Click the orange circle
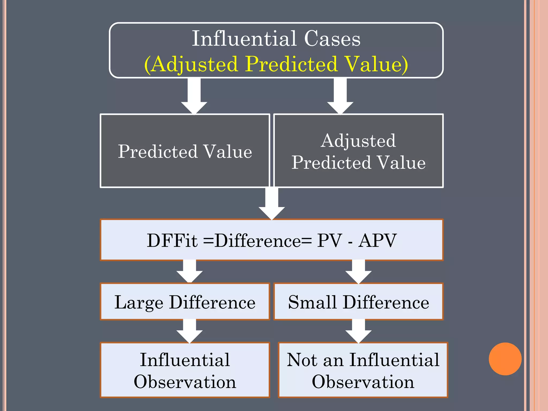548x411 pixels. pos(505,359)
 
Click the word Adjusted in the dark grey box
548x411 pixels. pos(358,141)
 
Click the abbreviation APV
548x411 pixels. pos(377,240)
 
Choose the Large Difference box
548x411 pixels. pos(185,302)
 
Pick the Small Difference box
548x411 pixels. pos(359,302)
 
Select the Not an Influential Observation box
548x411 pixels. pos(363,370)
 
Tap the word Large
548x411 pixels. pos(139,303)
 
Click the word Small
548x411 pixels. pos(312,302)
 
